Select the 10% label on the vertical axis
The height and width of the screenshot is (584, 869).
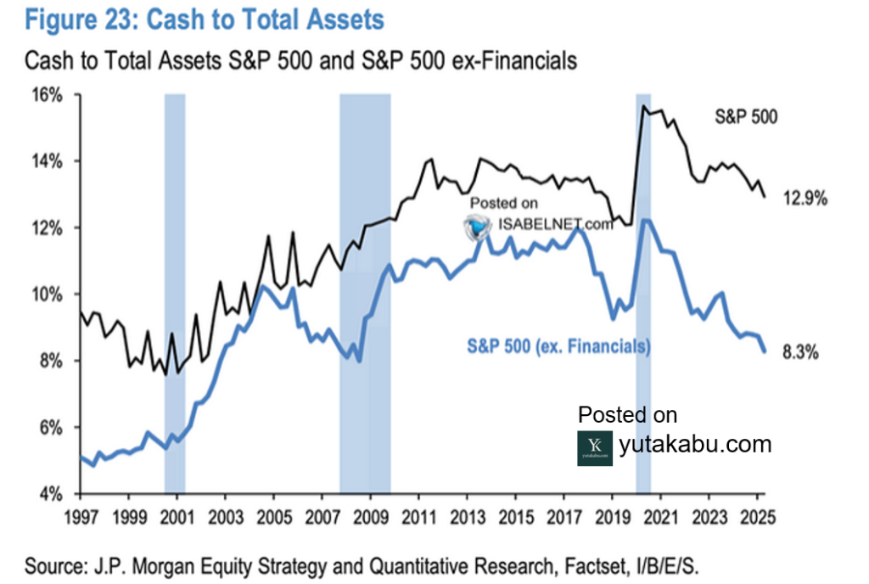pos(49,295)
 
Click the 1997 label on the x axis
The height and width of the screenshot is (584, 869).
pos(79,514)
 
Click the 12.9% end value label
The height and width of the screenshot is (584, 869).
pos(805,199)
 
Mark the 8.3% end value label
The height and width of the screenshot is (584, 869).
pos(799,354)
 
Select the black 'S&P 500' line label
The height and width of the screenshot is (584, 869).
pos(745,118)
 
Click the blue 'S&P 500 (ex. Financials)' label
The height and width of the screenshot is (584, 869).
pos(558,345)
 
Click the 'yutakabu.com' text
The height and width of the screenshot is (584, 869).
pos(695,444)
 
